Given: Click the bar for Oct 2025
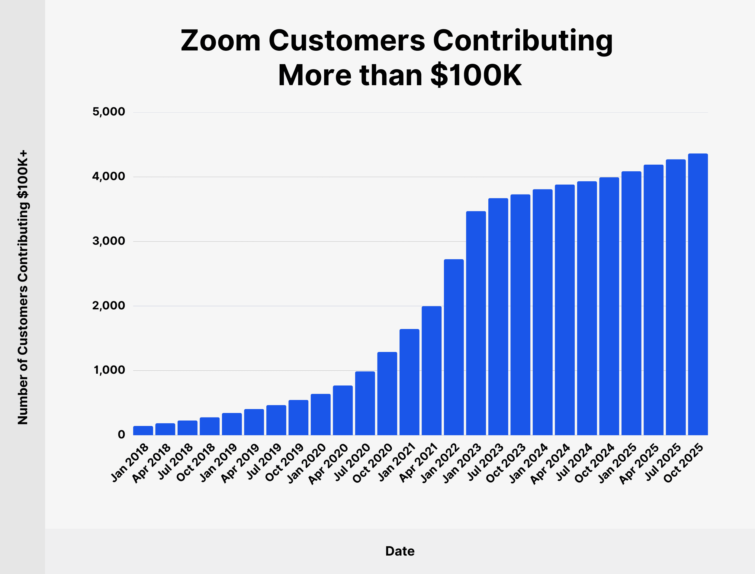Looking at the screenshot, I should (698, 294).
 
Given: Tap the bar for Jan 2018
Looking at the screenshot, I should (143, 430).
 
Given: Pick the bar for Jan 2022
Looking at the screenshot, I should (454, 347).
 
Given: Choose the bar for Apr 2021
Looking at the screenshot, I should (431, 370).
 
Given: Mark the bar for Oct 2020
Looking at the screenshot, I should (387, 393).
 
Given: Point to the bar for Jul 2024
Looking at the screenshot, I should (587, 308).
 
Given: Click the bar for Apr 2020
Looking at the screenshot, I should (342, 410).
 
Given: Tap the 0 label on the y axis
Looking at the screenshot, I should (121, 435).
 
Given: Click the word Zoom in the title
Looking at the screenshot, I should (220, 41).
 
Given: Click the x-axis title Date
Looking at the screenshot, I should (400, 551).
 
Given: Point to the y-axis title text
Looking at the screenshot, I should (23, 287).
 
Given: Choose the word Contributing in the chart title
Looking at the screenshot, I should (522, 41).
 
